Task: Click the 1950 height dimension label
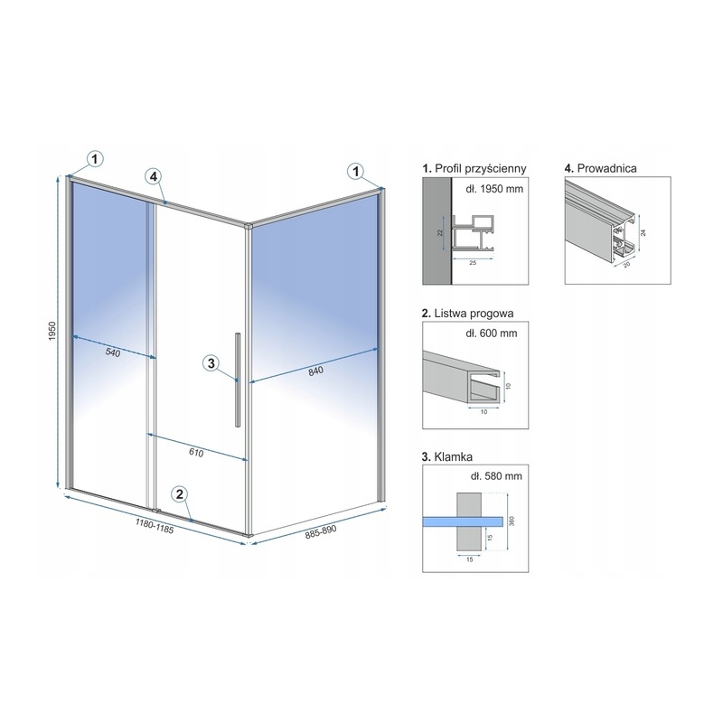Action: pos(52,331)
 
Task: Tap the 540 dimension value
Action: pos(112,352)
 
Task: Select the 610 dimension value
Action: pos(196,453)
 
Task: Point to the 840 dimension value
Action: pos(315,371)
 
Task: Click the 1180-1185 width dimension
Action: pos(155,526)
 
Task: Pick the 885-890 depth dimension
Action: pos(321,532)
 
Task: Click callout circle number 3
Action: pos(211,363)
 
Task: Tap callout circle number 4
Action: pos(154,176)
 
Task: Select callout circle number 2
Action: pos(179,494)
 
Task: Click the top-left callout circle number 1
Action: pos(95,159)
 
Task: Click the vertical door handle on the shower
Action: pos(238,380)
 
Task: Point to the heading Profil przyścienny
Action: pos(481,169)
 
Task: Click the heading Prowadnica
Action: pos(606,168)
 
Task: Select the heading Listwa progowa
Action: pos(474,314)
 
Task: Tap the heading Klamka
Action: pos(454,457)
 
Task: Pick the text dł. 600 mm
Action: pos(492,333)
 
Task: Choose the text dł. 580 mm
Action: pos(496,476)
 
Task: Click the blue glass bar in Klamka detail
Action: pos(463,521)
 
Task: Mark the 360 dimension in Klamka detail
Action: pos(512,521)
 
